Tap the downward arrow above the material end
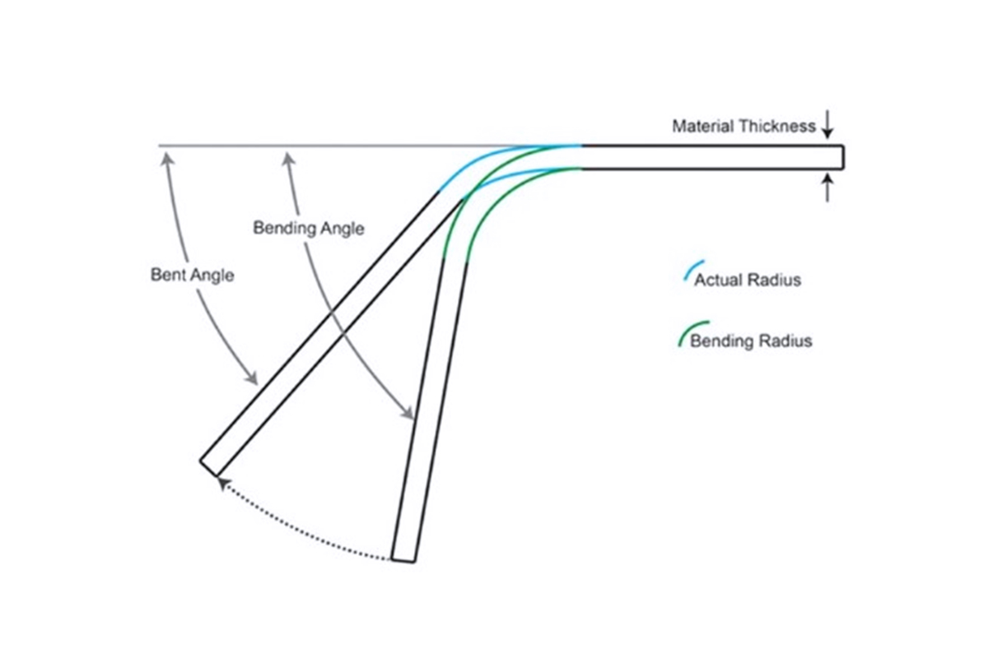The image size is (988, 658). [x=827, y=128]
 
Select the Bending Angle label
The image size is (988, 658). [x=308, y=228]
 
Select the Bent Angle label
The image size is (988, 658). [x=192, y=275]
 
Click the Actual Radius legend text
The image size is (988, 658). [x=747, y=280]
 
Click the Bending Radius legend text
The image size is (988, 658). [x=751, y=341]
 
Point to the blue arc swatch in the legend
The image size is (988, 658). [x=689, y=272]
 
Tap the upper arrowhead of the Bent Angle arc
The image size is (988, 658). [x=167, y=158]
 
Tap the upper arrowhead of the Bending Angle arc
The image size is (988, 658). [x=288, y=158]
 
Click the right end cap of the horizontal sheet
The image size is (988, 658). [x=842, y=157]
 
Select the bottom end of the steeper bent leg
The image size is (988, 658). [x=403, y=560]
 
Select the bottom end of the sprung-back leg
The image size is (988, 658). [x=210, y=466]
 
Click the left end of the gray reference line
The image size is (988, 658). [x=160, y=146]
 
